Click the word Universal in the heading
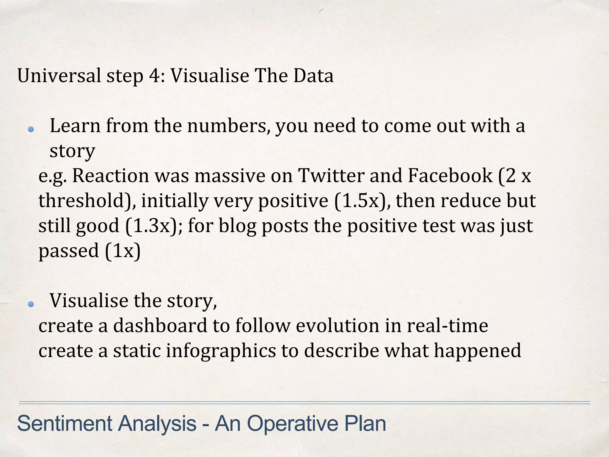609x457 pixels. click(x=59, y=76)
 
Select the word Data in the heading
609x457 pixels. click(x=313, y=76)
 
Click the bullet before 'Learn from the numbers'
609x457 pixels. click(x=31, y=129)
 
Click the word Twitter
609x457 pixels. click(x=331, y=176)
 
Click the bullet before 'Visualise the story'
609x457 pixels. click(x=31, y=304)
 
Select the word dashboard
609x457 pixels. click(x=160, y=325)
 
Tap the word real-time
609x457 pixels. click(x=448, y=325)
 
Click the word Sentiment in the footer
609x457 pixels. click(x=65, y=424)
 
